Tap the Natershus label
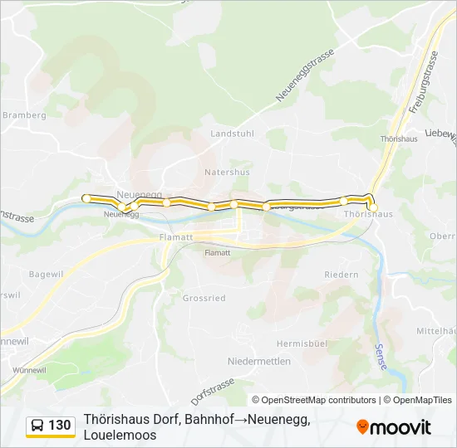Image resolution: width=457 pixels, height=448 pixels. (x=227, y=173)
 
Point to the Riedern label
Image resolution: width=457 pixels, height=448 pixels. (x=341, y=275)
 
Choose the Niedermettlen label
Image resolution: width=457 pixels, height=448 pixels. (x=258, y=362)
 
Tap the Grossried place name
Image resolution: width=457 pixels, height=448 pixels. (x=204, y=298)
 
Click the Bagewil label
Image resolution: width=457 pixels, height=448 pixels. (x=47, y=274)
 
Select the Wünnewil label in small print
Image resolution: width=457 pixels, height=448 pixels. (x=29, y=369)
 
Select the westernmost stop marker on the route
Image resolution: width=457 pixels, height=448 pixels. (x=86, y=197)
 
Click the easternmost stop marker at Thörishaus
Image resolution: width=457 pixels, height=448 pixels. (x=373, y=207)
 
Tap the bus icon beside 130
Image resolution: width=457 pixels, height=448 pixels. (x=37, y=426)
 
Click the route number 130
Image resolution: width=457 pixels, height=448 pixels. (x=60, y=426)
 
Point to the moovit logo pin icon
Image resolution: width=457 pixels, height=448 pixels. (x=362, y=426)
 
